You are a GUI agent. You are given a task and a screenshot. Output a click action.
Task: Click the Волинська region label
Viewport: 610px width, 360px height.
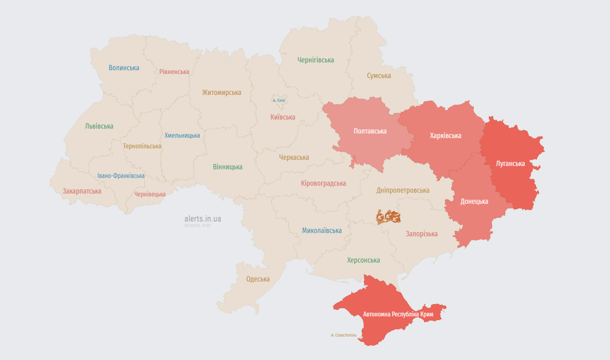pyautogui.click(x=124, y=67)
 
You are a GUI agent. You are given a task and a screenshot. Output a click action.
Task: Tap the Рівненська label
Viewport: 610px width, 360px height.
pyautogui.click(x=174, y=72)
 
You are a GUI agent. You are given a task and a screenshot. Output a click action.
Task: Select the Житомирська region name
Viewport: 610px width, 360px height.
pyautogui.click(x=222, y=92)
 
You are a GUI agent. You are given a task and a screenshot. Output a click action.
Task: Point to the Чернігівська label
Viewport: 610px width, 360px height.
pyautogui.click(x=315, y=60)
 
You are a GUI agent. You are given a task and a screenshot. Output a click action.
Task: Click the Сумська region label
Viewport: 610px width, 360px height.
pyautogui.click(x=379, y=75)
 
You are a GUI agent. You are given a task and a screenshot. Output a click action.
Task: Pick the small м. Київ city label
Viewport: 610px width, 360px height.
pyautogui.click(x=279, y=100)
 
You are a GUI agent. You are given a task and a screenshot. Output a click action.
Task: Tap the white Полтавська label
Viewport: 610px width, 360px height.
pyautogui.click(x=370, y=131)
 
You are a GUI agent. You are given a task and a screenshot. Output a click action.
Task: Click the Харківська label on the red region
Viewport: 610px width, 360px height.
pyautogui.click(x=445, y=135)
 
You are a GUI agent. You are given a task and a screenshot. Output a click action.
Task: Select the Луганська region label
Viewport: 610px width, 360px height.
pyautogui.click(x=510, y=164)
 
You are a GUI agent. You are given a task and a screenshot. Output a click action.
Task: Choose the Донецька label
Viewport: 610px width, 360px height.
pyautogui.click(x=474, y=201)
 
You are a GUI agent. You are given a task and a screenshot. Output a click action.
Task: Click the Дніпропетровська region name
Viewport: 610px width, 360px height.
pyautogui.click(x=402, y=190)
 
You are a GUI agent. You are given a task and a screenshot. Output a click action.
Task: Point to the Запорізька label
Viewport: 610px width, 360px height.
pyautogui.click(x=422, y=233)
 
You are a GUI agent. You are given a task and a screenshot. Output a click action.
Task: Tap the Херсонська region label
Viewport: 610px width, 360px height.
pyautogui.click(x=363, y=260)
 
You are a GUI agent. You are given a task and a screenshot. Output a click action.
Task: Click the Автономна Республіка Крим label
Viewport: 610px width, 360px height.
pyautogui.click(x=398, y=314)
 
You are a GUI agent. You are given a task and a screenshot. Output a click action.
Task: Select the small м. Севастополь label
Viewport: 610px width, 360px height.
pyautogui.click(x=343, y=335)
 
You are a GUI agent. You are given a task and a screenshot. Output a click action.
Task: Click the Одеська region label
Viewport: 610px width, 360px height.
pyautogui.click(x=258, y=279)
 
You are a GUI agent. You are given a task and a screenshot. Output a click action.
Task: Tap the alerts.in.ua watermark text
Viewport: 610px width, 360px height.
pyautogui.click(x=202, y=218)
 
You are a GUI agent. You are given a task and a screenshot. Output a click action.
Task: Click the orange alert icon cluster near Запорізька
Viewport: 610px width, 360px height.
pyautogui.click(x=388, y=217)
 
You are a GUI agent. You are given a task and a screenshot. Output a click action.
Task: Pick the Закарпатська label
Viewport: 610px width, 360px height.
pyautogui.click(x=82, y=191)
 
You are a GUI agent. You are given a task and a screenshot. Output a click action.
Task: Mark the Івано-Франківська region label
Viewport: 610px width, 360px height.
pyautogui.click(x=121, y=176)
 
